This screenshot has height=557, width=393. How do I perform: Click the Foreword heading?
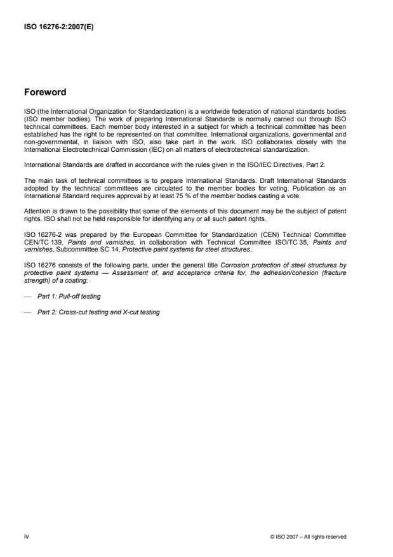[x=44, y=91]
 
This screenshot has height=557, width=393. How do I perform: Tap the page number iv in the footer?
[x=26, y=537]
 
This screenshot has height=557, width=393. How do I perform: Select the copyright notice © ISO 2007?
[x=309, y=537]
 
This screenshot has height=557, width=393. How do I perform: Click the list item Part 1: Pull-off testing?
[x=70, y=297]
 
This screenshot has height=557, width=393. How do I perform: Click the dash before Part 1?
[x=27, y=297]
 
